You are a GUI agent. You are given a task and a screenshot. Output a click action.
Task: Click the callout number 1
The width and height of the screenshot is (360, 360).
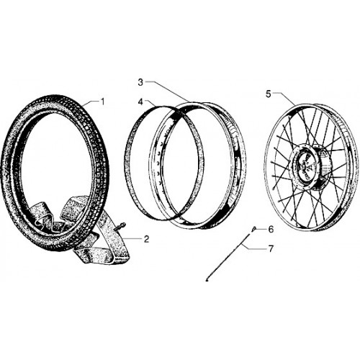pyautogui.click(x=102, y=102)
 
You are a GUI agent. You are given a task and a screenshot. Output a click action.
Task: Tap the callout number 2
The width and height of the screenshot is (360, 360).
pyautogui.click(x=146, y=239)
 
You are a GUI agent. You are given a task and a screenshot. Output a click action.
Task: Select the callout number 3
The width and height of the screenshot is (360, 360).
pyautogui.click(x=140, y=82)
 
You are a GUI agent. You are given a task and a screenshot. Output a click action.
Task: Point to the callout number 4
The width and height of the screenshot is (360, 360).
pyautogui.click(x=140, y=102)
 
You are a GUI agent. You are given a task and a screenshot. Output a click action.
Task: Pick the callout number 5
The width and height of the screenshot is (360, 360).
pyautogui.click(x=269, y=94)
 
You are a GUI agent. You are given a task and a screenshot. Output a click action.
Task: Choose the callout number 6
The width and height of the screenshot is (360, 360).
pyautogui.click(x=271, y=230)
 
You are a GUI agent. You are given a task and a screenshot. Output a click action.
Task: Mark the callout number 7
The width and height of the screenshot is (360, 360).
pyautogui.click(x=271, y=249)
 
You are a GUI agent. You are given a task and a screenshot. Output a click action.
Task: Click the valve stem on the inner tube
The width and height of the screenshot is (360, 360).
pyautogui.click(x=121, y=227)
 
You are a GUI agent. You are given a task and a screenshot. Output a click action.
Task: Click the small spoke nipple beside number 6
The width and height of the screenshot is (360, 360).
pyautogui.click(x=253, y=229)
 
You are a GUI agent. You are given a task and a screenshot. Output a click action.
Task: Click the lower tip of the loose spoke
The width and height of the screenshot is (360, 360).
pyautogui.click(x=207, y=280)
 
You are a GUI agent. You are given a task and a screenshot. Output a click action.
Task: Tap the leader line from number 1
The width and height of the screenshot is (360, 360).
pyautogui.click(x=91, y=103)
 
